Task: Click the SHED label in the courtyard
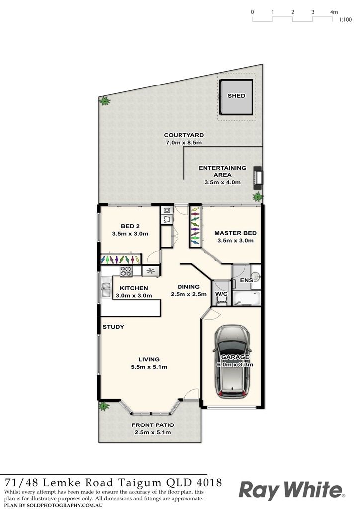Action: pos(236,96)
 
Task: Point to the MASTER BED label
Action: pos(235,233)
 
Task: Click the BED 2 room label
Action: pos(130,226)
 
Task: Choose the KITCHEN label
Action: pos(134,288)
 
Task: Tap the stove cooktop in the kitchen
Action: pos(126,271)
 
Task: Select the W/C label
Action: pos(221,294)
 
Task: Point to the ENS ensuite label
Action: pos(247,280)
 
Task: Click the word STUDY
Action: pos(113,327)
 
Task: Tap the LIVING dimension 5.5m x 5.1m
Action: pos(149,367)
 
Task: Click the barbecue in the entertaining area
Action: pos(258,177)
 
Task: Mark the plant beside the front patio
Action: pos(104,406)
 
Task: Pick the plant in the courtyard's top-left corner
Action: pos(105,101)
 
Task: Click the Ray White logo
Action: pos(292,490)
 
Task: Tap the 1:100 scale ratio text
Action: pos(345,20)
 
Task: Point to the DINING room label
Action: pos(188,287)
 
